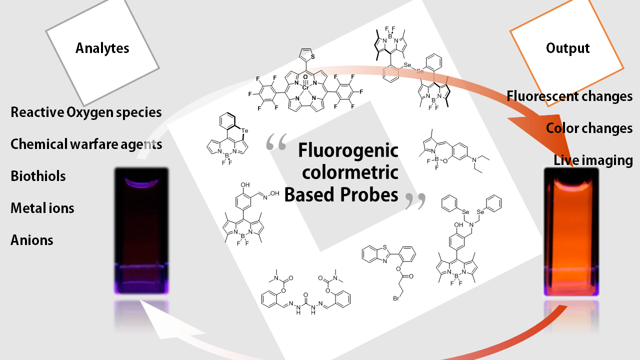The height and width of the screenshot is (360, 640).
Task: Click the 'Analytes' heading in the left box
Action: coord(102,48)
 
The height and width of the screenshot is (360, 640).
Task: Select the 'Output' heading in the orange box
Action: coord(567,48)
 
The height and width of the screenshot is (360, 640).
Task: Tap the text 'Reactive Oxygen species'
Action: coord(86,112)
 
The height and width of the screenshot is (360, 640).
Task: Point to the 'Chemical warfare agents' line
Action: coord(86,144)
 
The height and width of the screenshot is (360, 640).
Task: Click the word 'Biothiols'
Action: coord(38,176)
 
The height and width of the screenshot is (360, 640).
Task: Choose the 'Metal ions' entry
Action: coord(42,208)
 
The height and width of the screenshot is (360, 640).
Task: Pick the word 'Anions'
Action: coord(32,240)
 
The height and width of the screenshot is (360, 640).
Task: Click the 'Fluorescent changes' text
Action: coord(569,96)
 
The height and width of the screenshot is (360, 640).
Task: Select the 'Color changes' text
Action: coord(589,128)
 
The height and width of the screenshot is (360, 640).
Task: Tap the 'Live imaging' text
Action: coord(593,160)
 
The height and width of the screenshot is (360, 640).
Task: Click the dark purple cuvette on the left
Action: coord(141,230)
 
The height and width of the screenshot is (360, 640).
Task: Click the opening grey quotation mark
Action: coord(276,142)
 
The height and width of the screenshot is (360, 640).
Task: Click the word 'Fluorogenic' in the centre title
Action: coord(348,150)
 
